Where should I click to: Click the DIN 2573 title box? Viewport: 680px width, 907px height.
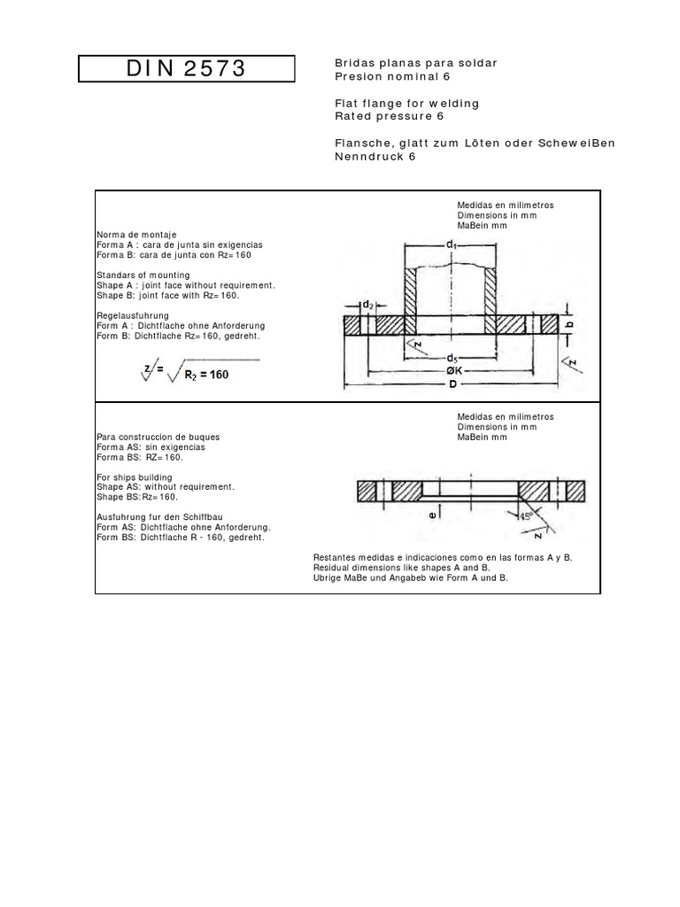186,68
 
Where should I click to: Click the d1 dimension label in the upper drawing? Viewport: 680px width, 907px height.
451,243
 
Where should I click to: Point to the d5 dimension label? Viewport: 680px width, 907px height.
452,359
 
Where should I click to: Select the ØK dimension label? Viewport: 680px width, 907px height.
452,372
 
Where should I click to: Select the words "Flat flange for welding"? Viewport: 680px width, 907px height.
406,104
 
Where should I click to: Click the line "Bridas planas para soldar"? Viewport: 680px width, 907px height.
404,63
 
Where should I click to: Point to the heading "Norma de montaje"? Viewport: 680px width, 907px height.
132,234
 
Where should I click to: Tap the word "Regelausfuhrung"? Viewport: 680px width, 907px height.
132,315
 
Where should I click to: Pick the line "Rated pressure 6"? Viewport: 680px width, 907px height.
389,116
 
